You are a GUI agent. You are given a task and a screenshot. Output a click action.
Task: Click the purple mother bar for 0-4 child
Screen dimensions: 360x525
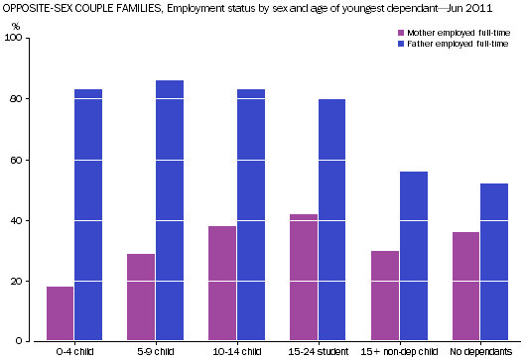click(x=61, y=313)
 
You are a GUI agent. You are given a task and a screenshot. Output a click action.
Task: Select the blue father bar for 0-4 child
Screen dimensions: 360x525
click(x=88, y=215)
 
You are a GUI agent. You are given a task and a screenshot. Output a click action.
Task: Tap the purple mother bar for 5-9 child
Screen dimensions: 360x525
click(x=141, y=298)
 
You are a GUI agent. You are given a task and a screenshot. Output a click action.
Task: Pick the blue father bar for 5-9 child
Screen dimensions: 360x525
click(x=170, y=210)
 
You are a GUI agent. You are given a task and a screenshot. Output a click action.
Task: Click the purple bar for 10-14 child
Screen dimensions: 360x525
click(x=222, y=284)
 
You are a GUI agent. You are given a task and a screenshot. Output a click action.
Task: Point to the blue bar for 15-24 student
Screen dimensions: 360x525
click(x=331, y=220)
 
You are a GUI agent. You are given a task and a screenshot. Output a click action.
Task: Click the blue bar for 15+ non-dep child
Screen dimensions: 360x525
click(x=413, y=256)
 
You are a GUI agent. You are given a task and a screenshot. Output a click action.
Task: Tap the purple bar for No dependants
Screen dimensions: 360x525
click(x=465, y=287)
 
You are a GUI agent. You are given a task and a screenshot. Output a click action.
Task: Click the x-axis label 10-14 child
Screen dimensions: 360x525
click(x=236, y=351)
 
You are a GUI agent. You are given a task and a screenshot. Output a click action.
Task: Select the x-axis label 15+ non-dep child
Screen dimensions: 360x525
click(x=399, y=351)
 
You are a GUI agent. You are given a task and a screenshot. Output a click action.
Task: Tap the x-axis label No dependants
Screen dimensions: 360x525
click(x=480, y=351)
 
